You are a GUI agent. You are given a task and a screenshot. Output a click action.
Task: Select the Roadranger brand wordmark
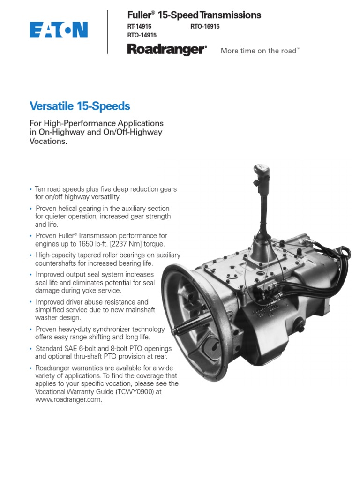coord(166,49)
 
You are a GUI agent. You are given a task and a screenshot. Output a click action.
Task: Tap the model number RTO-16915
coord(205,27)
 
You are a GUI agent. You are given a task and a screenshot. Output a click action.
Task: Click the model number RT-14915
coord(140,27)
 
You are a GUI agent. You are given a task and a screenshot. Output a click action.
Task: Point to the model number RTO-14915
coord(142,35)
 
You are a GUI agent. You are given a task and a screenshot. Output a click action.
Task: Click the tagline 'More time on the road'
coord(259,51)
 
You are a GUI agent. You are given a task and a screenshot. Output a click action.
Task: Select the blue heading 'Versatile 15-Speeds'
coord(80,106)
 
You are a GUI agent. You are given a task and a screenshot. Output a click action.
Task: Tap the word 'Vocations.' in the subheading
coord(49,141)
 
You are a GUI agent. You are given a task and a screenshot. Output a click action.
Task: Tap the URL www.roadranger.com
coord(68,400)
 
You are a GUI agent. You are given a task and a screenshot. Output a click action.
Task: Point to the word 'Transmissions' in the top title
coord(230,15)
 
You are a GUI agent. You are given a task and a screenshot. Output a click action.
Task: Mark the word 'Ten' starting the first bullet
coord(41,189)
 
